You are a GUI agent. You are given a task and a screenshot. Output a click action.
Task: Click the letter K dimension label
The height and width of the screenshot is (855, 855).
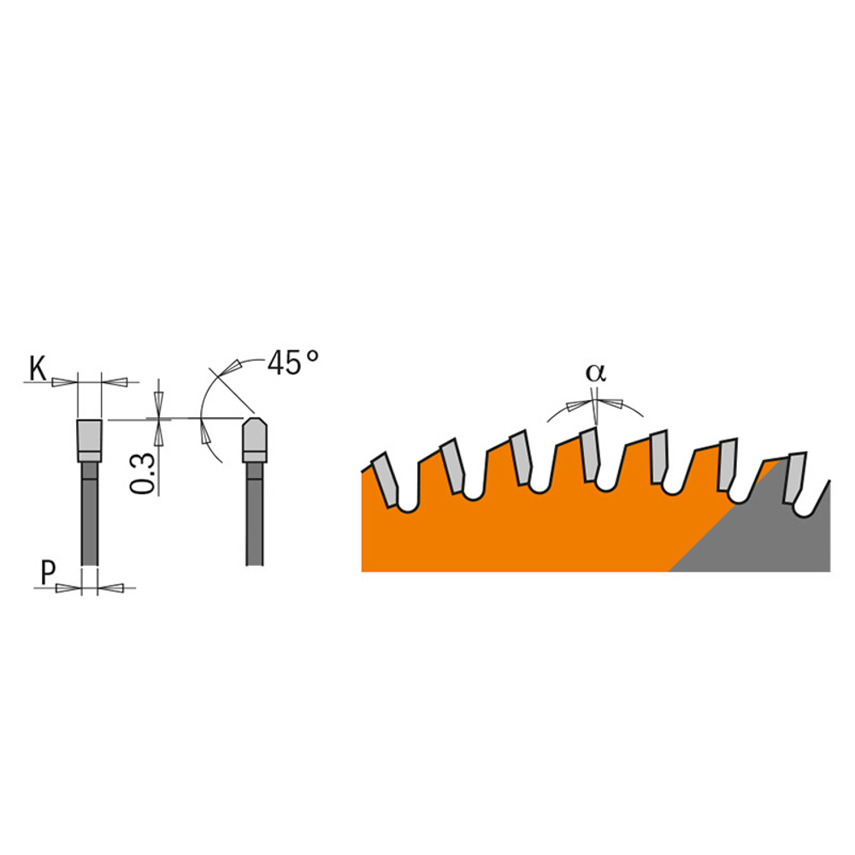pyautogui.click(x=38, y=369)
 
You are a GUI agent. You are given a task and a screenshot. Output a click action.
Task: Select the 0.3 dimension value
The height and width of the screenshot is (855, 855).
pyautogui.click(x=143, y=474)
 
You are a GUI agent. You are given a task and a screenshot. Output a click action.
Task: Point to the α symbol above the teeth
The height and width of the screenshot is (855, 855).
pyautogui.click(x=595, y=373)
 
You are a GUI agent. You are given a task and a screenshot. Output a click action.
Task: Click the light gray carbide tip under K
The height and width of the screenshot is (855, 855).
pyautogui.click(x=89, y=440)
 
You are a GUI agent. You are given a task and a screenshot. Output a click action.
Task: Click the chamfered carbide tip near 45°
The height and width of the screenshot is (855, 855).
pyautogui.click(x=255, y=440)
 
